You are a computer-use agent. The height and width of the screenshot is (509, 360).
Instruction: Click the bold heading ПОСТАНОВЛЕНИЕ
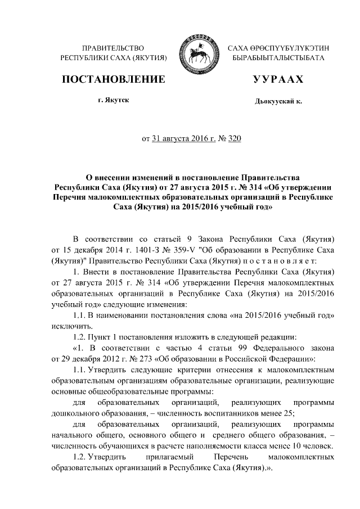tap(113, 79)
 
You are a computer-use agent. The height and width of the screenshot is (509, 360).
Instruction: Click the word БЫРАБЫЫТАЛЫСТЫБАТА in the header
tap(278, 58)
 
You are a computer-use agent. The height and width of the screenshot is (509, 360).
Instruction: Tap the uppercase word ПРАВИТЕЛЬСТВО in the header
tap(113, 49)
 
